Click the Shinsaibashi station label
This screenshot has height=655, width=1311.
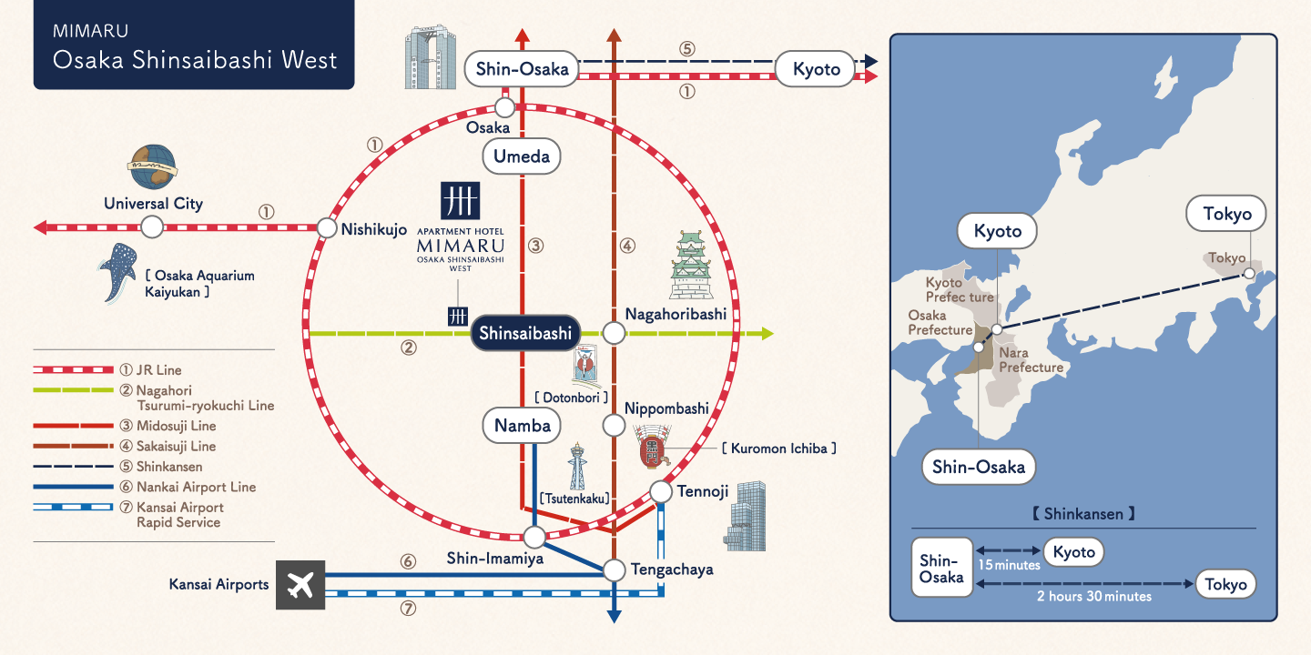[525, 334]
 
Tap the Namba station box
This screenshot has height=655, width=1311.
[522, 425]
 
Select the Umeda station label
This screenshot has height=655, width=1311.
[522, 156]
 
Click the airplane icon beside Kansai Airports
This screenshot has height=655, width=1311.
[300, 585]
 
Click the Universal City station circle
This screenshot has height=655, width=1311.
[152, 227]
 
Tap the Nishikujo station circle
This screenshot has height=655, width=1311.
[327, 228]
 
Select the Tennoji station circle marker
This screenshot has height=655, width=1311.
[661, 492]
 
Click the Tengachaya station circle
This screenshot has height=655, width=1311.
[615, 570]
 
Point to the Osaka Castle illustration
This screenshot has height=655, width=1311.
[690, 265]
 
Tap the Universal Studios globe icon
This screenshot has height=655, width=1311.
[152, 166]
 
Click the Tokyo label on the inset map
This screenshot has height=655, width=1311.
[1226, 215]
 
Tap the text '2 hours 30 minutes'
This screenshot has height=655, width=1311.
[1093, 596]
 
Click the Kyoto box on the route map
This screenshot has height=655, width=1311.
[816, 69]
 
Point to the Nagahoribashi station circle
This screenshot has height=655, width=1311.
[615, 334]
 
